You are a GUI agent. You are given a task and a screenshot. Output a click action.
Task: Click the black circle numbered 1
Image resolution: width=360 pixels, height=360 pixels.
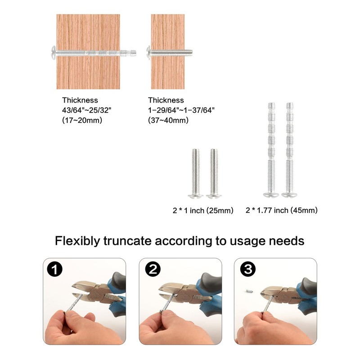(54, 269)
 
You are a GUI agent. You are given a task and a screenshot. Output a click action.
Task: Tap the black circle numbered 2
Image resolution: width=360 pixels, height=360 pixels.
(153, 269)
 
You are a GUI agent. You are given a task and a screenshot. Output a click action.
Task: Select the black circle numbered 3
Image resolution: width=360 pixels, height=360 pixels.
(248, 269)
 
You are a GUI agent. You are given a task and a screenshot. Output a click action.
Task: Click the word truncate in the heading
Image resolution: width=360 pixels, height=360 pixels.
(127, 241)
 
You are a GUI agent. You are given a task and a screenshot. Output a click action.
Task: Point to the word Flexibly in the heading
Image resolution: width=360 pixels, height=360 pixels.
(77, 242)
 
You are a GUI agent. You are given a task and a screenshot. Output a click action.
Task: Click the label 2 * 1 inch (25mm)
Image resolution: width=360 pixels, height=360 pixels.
(203, 211)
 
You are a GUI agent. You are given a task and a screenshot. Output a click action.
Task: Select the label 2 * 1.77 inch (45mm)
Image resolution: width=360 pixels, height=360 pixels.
(282, 210)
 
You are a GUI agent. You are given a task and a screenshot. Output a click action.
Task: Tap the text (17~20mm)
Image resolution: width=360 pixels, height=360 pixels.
(82, 120)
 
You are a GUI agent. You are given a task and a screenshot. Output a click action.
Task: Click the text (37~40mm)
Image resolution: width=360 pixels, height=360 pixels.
(168, 120)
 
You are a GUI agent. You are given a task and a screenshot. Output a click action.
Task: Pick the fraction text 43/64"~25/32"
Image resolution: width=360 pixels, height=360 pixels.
(86, 110)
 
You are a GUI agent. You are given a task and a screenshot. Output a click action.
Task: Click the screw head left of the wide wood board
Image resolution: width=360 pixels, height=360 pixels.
(54, 53)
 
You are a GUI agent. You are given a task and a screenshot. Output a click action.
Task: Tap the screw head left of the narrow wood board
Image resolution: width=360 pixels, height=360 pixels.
(148, 53)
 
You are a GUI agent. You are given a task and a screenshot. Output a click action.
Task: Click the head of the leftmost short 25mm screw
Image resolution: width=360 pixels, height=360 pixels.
(196, 196)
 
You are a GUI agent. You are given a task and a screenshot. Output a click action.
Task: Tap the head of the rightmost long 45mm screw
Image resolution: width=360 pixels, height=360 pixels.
(289, 195)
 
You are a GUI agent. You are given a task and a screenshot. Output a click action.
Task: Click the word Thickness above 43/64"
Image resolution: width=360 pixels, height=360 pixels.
(80, 100)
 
